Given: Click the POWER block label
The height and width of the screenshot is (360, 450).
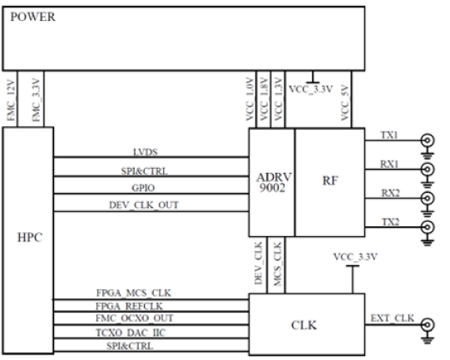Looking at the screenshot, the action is (x=32, y=17).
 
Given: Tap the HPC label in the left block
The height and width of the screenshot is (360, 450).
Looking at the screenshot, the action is (x=30, y=237).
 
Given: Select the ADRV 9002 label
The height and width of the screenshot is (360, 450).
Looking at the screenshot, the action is (x=273, y=182).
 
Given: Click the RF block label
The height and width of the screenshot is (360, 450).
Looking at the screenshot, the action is (x=330, y=180).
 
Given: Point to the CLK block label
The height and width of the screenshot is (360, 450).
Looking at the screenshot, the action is (x=304, y=325).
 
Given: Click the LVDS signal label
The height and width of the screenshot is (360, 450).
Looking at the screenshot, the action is (x=146, y=152).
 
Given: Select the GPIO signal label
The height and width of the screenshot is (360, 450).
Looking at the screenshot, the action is (x=143, y=188).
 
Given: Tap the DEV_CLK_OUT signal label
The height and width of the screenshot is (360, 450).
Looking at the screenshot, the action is (x=144, y=205).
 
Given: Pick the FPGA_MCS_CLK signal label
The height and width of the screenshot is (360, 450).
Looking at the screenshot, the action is (x=133, y=293).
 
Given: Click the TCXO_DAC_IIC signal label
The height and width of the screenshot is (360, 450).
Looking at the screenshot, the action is (x=131, y=333).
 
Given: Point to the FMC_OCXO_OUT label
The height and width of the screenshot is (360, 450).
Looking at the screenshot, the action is (x=134, y=318).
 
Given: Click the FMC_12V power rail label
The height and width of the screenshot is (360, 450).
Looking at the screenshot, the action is (x=11, y=101).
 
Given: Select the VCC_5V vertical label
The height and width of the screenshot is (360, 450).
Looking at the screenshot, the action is (x=344, y=103).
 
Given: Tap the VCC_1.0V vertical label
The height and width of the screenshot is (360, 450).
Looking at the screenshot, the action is (x=250, y=99).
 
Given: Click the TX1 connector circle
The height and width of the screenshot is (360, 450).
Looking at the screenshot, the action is (x=428, y=141).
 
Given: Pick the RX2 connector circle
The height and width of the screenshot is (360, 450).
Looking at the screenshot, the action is (x=428, y=198).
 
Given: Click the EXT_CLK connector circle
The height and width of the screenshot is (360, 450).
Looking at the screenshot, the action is (x=428, y=325).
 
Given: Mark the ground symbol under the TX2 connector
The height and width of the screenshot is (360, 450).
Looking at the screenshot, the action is (x=428, y=241).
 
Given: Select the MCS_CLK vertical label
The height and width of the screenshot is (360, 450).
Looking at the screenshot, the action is (x=277, y=264).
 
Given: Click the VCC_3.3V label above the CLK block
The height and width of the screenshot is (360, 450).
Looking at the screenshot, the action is (x=355, y=257).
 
